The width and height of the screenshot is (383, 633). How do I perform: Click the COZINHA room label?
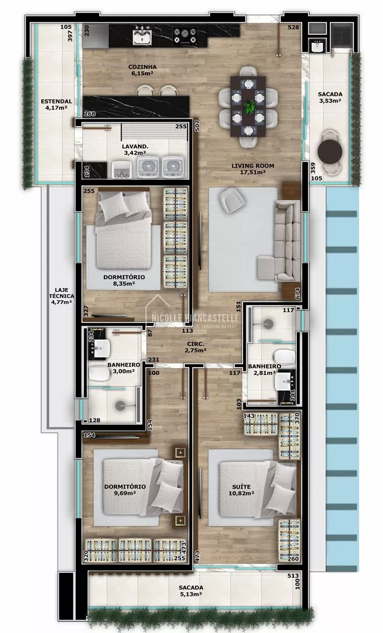tap(142, 70)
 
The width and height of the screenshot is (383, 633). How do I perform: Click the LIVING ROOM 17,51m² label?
tap(248, 168)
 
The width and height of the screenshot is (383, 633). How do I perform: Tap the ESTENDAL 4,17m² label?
tap(56, 104)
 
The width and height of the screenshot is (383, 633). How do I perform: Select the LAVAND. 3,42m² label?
tap(134, 149)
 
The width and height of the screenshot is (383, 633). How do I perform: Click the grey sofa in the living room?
tap(287, 241)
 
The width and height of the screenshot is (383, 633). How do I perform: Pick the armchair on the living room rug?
tap(231, 202)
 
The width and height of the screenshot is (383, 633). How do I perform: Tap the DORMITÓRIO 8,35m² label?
tap(124, 281)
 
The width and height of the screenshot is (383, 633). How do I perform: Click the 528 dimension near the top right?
tap(293, 27)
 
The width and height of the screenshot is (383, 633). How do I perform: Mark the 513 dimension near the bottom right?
tap(292, 575)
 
